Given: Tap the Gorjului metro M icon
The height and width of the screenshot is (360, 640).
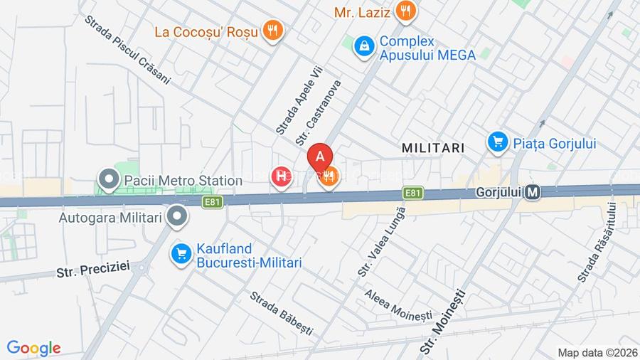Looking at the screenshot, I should [x=533, y=192].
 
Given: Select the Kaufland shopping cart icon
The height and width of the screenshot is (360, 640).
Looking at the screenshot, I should [x=181, y=253].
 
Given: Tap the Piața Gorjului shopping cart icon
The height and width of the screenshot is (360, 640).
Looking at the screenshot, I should [x=498, y=142].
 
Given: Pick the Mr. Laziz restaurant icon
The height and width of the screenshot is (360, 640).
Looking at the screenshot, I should [x=406, y=11].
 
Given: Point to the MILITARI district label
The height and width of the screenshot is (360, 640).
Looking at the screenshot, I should [x=432, y=148].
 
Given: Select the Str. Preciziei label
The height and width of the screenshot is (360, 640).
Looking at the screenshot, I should [x=93, y=270].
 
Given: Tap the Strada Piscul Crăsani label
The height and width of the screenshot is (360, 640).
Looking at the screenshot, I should [x=127, y=51].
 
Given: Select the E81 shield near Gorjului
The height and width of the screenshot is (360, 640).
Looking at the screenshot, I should [x=412, y=193].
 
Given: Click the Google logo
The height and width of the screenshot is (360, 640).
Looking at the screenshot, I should [x=33, y=348].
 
